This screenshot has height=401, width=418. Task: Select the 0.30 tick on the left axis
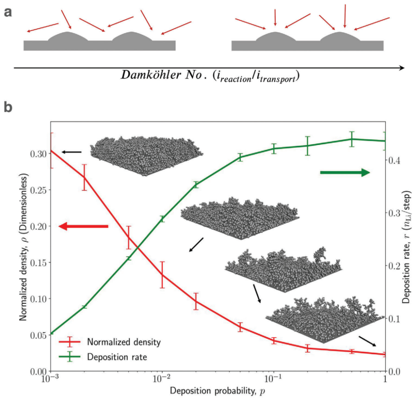[39, 154]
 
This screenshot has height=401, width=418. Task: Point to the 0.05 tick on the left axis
[39, 335]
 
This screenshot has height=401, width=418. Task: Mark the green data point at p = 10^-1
[274, 148]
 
